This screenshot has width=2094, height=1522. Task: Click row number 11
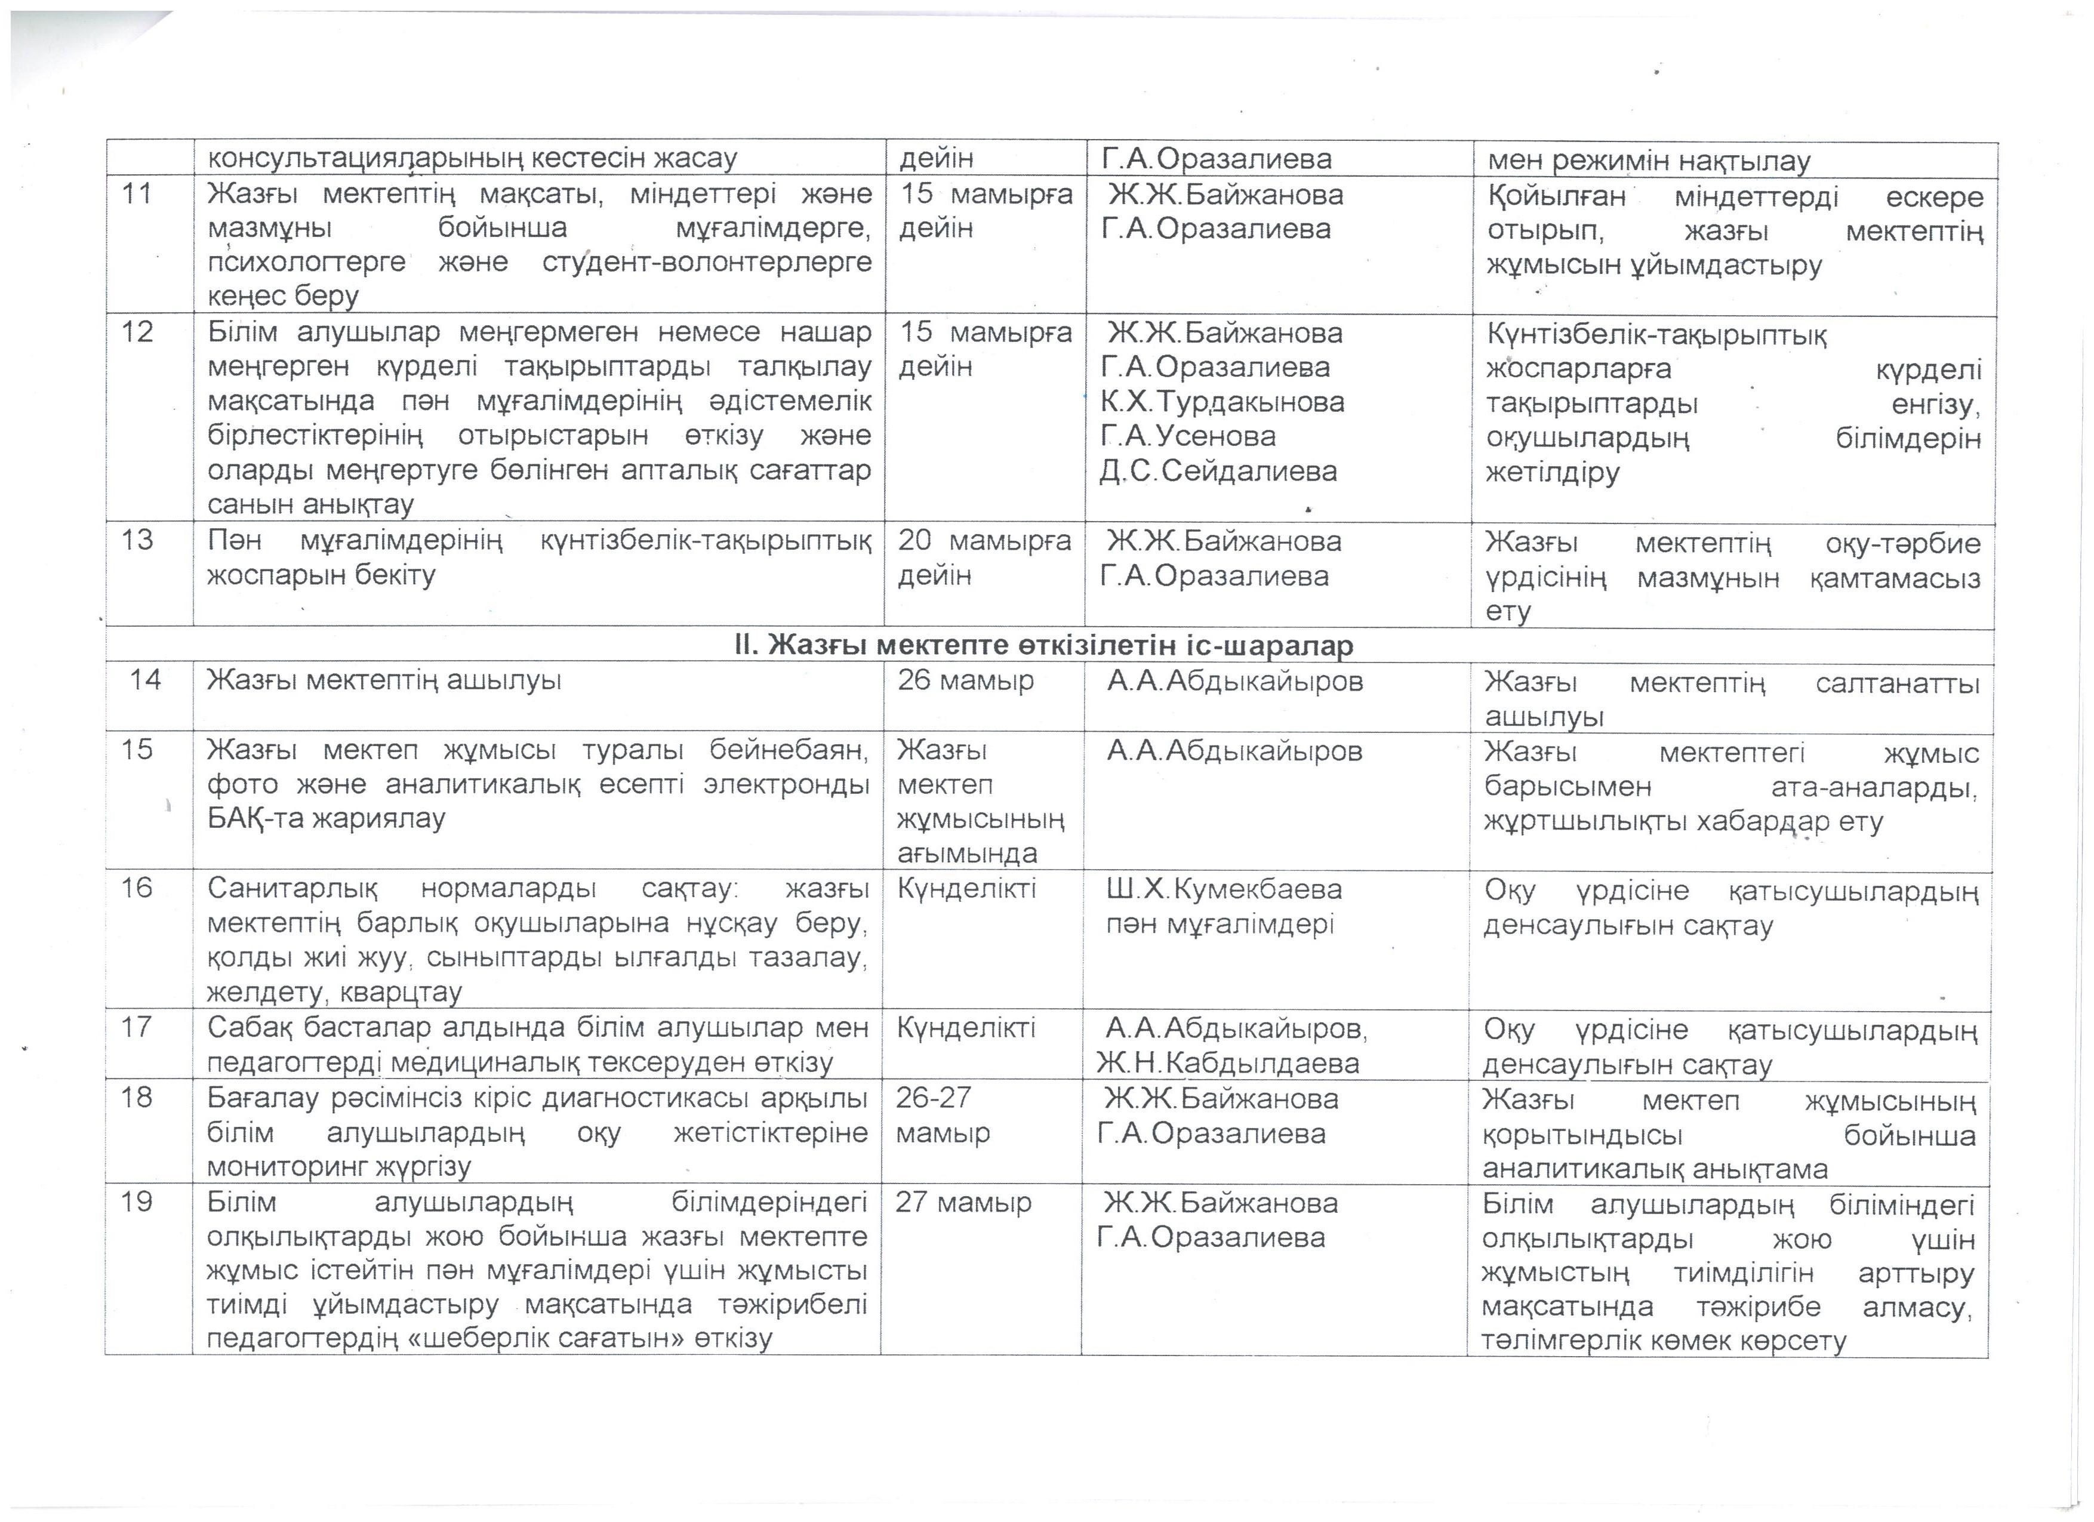pos(137,195)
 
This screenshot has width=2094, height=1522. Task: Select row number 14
pos(146,680)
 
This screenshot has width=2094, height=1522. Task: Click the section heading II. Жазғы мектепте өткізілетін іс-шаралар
pos(1043,645)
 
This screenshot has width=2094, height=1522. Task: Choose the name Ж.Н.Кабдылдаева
pos(1228,1063)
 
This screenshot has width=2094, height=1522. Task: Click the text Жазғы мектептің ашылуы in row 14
pos(384,681)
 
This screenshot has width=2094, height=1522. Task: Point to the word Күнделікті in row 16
pos(966,889)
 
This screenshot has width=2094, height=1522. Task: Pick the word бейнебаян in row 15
pos(787,750)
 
